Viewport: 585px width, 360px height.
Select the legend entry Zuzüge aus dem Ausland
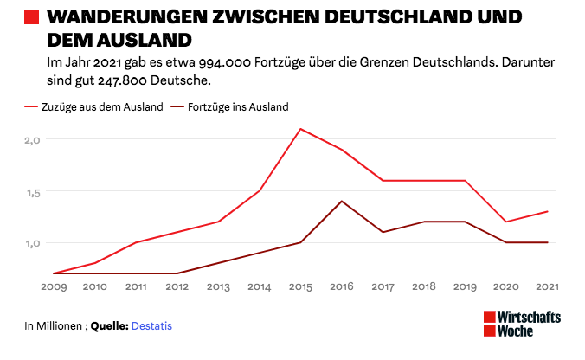coord(95,106)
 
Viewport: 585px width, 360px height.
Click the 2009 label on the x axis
coord(54,286)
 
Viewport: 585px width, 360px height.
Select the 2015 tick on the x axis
coord(299,286)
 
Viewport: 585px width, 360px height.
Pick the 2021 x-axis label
coord(547,286)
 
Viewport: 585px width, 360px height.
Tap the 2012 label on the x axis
coord(177,286)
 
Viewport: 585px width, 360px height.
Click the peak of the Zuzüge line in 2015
coord(300,129)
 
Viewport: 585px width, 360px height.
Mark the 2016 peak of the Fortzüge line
coord(341,202)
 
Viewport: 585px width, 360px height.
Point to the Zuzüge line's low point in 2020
coord(506,222)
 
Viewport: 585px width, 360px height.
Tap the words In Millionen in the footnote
coord(53,326)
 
